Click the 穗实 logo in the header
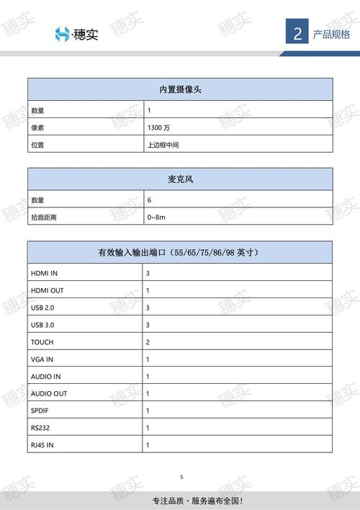tap(76, 34)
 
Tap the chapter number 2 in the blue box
tap(297, 34)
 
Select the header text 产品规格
tap(331, 34)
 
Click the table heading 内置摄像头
tap(180, 89)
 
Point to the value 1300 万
tap(158, 127)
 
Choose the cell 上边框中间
tap(162, 145)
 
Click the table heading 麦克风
tap(180, 179)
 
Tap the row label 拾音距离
tap(43, 217)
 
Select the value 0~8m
tap(156, 217)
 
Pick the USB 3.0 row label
tap(43, 325)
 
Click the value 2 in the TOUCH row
tap(148, 342)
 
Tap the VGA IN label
tap(42, 359)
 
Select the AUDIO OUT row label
tap(49, 394)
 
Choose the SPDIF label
tap(40, 411)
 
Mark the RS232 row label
tap(40, 428)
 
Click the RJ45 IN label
tap(42, 445)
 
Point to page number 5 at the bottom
tap(181, 477)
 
